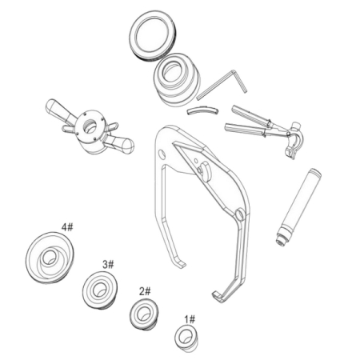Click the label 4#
[x=67, y=227]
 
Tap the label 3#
[x=108, y=265]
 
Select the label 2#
[x=145, y=291]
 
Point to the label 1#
[x=190, y=319]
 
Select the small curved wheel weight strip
[x=202, y=110]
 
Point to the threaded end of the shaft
[x=282, y=238]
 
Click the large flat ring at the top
[x=153, y=35]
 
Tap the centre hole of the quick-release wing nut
[x=90, y=125]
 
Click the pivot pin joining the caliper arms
[x=239, y=214]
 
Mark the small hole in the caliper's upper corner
[x=161, y=154]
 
